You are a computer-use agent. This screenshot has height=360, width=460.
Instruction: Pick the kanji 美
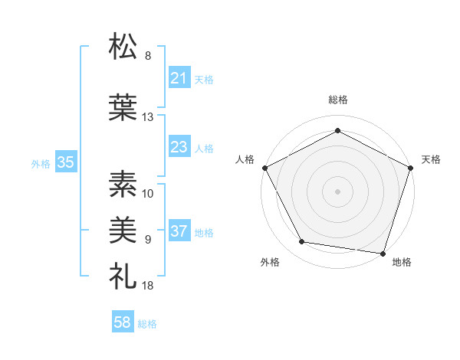[123, 227]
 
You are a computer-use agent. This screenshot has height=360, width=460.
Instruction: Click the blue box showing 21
[179, 78]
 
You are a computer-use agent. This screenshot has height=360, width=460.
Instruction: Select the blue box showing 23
[179, 147]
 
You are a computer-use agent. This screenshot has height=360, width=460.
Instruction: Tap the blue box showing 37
[179, 232]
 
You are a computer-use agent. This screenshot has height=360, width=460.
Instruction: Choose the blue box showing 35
[65, 162]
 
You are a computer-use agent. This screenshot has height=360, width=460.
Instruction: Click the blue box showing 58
[123, 323]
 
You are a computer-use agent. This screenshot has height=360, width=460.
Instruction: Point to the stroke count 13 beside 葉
[147, 117]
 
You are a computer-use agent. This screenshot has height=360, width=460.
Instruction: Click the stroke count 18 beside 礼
[147, 285]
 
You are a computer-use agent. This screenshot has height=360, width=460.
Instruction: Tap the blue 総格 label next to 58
[147, 324]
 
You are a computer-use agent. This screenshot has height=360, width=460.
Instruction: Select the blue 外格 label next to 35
[41, 163]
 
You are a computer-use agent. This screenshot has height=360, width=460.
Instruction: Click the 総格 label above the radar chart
[338, 100]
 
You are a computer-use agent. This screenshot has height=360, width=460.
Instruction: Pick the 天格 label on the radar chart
[432, 159]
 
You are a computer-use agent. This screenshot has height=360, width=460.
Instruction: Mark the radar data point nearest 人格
[264, 167]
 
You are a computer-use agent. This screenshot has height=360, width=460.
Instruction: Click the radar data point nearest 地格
[383, 253]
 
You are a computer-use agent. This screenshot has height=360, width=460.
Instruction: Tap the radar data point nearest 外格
[301, 242]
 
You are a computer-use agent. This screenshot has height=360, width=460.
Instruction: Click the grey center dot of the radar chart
[338, 191]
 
